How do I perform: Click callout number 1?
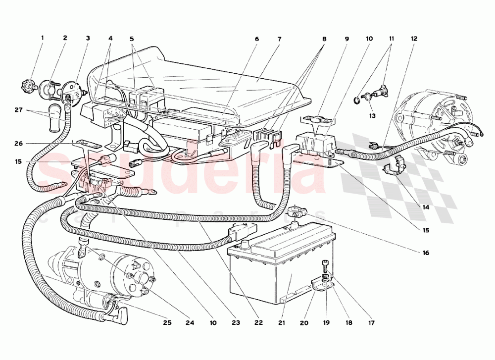[x=42, y=38]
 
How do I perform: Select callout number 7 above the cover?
[x=279, y=38]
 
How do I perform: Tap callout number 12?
[x=414, y=38]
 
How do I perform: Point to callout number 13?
[x=372, y=115]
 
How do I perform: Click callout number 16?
[x=425, y=253]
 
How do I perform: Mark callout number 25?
[x=167, y=323]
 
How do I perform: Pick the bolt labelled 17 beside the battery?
[x=326, y=264]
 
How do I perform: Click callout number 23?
[x=236, y=323]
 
